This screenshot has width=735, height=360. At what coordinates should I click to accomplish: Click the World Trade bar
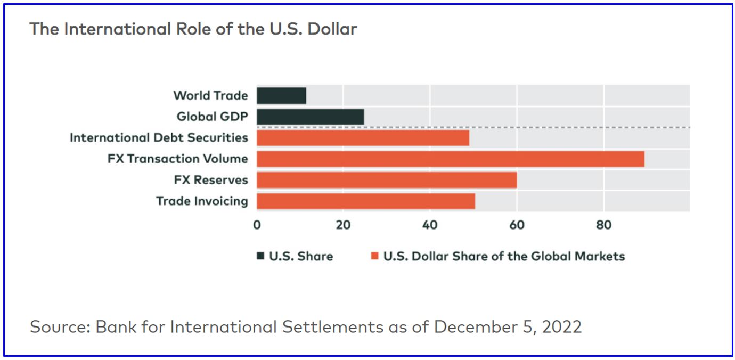point(281,96)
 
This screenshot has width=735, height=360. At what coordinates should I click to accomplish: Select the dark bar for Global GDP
point(310,117)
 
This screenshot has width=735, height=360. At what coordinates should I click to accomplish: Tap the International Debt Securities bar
point(363,138)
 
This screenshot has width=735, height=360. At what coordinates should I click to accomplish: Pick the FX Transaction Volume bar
point(450,159)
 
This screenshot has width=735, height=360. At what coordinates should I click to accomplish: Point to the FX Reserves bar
point(387,180)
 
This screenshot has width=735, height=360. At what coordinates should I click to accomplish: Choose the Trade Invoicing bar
point(365,201)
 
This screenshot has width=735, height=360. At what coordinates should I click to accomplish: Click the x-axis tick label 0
point(257,225)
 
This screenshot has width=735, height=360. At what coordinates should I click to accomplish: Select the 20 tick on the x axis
point(343,225)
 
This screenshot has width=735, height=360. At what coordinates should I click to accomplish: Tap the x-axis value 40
point(430,225)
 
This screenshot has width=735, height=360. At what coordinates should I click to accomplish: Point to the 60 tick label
point(517,225)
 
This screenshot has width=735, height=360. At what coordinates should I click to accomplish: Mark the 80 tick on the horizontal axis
point(603,225)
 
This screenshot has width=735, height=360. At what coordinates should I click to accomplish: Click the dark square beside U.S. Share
point(260,256)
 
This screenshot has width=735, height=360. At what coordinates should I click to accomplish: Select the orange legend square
point(374,256)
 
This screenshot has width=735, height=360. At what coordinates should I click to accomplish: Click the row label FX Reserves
point(211,180)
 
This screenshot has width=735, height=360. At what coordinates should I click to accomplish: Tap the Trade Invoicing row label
point(202,201)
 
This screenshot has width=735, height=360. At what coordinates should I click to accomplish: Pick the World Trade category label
point(210,96)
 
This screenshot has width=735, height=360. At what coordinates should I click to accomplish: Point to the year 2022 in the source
point(562,326)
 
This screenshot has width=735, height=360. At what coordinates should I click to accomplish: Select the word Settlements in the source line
point(331,326)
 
